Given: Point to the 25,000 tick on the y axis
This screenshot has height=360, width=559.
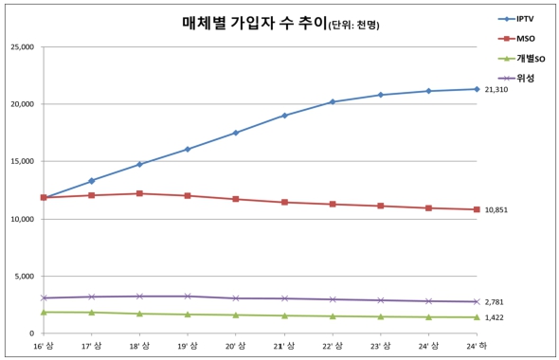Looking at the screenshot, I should pos(21,46).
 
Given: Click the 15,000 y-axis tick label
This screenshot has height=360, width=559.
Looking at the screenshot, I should pos(21,161).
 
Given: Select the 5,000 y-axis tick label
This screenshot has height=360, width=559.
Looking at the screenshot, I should pos(24,277).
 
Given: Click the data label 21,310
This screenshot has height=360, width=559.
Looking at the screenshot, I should pos(496,89).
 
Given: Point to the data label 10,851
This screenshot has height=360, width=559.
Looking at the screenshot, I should pos(496,209).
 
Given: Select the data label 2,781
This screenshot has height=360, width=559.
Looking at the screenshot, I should pos(495,302).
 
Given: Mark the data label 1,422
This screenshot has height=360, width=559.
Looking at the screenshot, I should pos(495,318).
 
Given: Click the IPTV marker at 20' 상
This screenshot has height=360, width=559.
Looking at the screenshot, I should pos(236,133).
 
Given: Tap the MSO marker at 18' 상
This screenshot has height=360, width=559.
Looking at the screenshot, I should pos(139,193).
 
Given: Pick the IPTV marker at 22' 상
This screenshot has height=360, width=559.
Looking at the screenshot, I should pos(332,101).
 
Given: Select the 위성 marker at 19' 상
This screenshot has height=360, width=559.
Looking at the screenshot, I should pos(188,297).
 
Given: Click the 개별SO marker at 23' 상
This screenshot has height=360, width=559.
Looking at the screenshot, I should pos(380,316).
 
